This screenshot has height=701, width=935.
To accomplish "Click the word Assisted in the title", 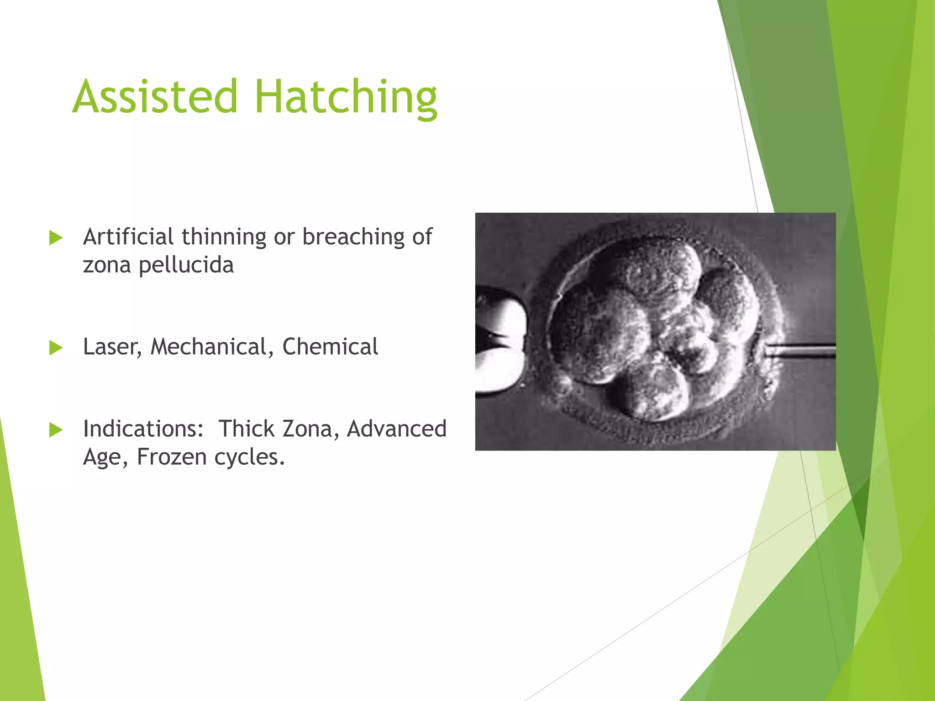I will (x=155, y=97).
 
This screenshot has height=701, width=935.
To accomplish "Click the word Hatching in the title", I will (x=346, y=97).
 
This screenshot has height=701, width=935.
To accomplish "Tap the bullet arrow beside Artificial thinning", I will (x=56, y=238).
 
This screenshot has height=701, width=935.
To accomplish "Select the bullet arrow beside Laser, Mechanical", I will (x=56, y=348).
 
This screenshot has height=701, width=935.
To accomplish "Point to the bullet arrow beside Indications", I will (x=56, y=430).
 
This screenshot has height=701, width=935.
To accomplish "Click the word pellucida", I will (x=186, y=265).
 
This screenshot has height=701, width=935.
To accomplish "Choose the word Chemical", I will (x=330, y=347).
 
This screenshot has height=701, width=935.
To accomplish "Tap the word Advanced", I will (x=396, y=429).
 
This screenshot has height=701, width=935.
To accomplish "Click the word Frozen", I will (x=171, y=457).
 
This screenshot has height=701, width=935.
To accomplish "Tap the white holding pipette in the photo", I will (x=500, y=340).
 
